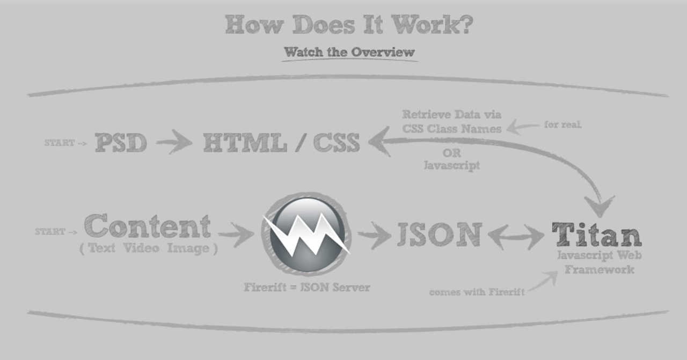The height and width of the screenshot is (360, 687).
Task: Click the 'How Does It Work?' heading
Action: tap(349, 25)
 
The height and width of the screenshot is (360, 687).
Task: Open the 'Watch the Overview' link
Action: tap(349, 52)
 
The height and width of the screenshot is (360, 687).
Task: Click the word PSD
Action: tap(121, 143)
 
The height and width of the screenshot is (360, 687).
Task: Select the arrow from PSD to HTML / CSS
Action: tap(174, 143)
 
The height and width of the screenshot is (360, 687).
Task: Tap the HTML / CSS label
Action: tap(281, 143)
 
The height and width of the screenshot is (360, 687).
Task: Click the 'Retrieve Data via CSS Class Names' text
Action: tap(452, 121)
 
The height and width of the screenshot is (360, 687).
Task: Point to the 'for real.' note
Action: tap(562, 125)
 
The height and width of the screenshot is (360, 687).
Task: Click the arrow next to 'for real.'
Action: tap(523, 127)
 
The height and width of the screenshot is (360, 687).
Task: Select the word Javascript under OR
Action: tap(452, 165)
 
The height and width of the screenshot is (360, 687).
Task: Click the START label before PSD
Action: tap(60, 143)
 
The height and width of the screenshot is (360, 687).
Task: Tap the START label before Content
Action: tap(50, 232)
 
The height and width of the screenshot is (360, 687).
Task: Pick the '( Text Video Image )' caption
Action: tap(149, 248)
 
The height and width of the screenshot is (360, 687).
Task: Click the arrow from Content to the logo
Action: tap(236, 234)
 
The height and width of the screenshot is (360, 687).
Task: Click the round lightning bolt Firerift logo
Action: tap(307, 234)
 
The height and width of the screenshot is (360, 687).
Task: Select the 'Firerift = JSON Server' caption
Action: tap(307, 287)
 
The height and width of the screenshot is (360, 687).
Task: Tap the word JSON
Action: tap(439, 234)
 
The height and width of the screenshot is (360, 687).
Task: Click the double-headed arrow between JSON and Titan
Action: tap(516, 236)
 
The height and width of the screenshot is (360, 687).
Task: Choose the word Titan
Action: tap(596, 235)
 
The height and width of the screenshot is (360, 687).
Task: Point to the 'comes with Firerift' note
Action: tap(477, 292)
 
